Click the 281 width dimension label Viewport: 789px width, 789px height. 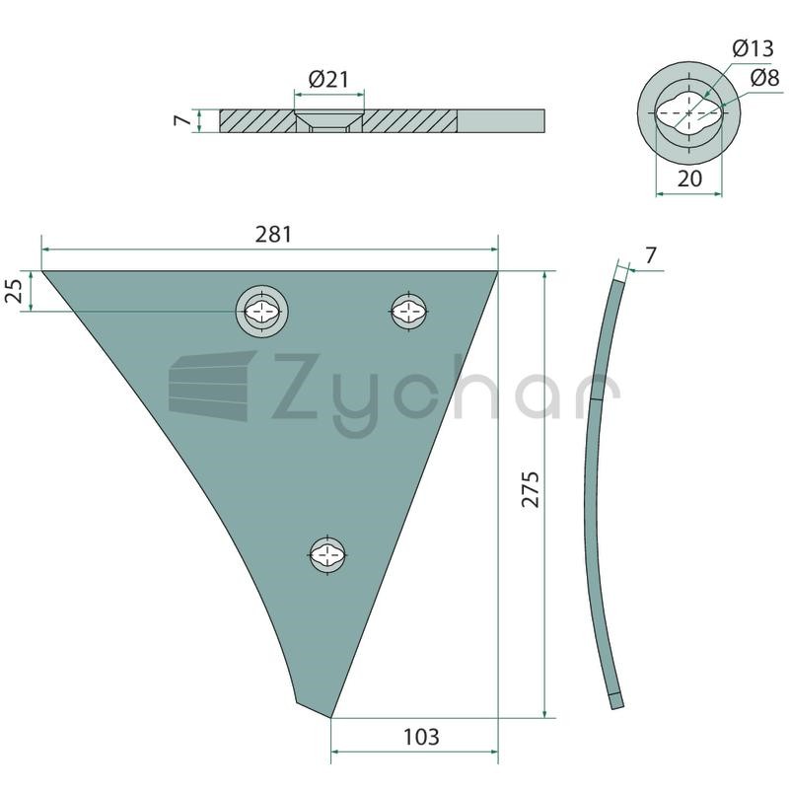pos(273,235)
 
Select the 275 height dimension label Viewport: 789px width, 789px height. pos(531,489)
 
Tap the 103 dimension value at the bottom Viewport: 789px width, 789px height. pos(421,737)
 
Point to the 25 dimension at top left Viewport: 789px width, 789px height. pos(15,290)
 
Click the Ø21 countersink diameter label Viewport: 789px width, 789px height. pos(328,80)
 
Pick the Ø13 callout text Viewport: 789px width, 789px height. pos(753,48)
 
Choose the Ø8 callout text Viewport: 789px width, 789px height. pos(765,78)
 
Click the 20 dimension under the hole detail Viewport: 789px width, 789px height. pos(689,179)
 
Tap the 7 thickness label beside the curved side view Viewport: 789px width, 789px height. pos(651,255)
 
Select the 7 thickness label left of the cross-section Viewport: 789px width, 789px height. pos(182,120)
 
